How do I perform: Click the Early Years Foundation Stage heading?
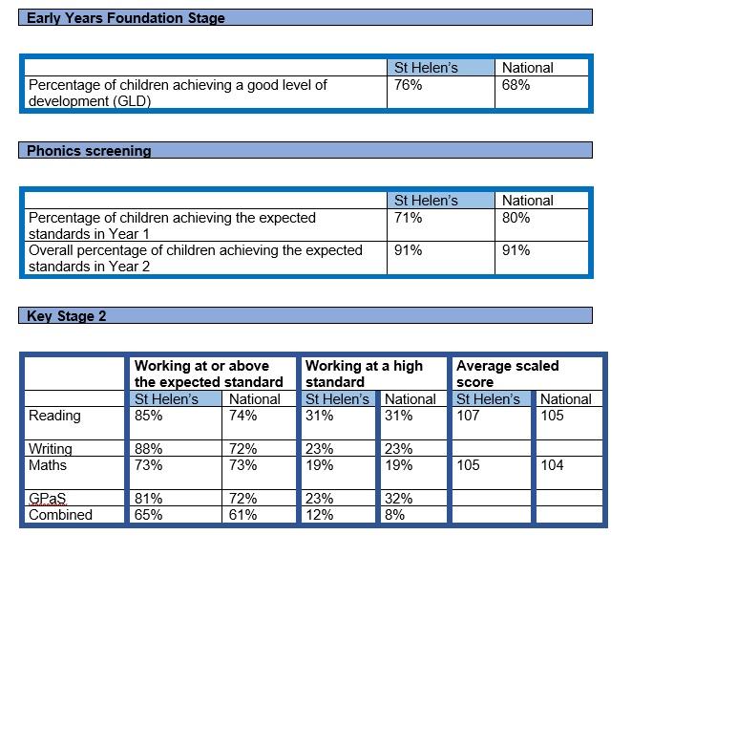click(x=126, y=18)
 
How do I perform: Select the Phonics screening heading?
click(x=89, y=151)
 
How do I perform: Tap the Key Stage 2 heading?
click(x=67, y=316)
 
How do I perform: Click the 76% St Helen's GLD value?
click(x=408, y=85)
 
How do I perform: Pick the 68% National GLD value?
click(x=516, y=85)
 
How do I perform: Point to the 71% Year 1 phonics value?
click(x=408, y=218)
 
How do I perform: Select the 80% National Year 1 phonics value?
click(x=516, y=218)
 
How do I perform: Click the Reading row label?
click(x=54, y=416)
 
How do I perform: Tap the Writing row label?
click(x=51, y=449)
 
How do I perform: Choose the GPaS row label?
click(x=48, y=499)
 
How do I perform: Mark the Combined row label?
click(x=60, y=515)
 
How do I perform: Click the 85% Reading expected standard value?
click(x=148, y=416)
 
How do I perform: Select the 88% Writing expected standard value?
click(x=148, y=449)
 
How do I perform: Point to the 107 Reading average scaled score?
click(x=469, y=416)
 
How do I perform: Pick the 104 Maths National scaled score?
click(x=552, y=465)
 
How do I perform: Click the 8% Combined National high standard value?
click(x=394, y=515)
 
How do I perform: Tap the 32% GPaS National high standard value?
click(x=398, y=499)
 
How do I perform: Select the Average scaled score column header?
click(x=507, y=374)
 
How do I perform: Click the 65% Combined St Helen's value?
click(x=148, y=515)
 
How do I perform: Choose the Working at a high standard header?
click(x=364, y=374)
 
